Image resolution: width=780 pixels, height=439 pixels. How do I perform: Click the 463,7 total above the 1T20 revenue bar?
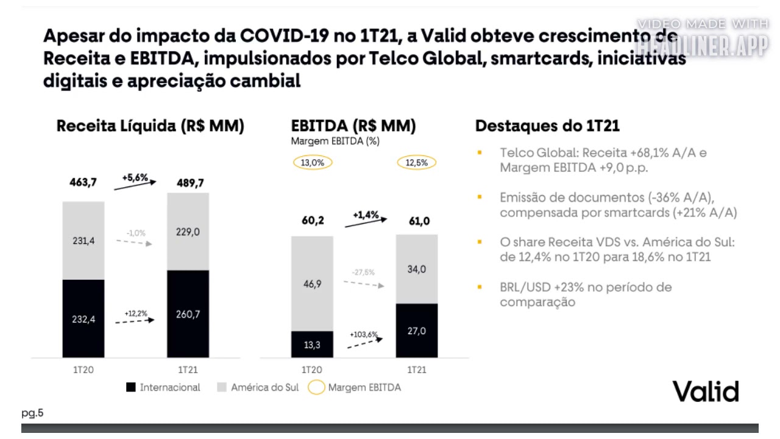click(83, 182)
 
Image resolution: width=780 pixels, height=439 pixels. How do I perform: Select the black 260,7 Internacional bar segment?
click(188, 314)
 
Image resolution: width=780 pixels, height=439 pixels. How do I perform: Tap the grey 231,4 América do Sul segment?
click(83, 241)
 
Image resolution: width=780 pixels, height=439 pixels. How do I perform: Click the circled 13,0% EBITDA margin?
click(313, 163)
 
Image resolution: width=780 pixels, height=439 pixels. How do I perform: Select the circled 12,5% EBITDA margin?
click(417, 163)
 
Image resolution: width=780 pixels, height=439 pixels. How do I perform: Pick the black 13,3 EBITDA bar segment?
click(312, 344)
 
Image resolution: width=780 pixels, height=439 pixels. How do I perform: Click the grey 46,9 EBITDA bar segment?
click(312, 284)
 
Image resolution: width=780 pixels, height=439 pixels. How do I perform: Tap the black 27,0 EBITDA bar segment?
click(417, 330)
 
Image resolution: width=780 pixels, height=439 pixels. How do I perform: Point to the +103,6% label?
click(363, 335)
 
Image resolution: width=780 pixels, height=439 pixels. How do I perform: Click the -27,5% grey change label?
click(363, 273)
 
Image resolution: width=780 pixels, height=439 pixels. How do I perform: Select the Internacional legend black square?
click(130, 387)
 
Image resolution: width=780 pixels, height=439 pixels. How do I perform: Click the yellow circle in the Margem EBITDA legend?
click(316, 387)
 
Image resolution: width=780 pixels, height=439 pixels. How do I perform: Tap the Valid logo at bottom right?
click(706, 391)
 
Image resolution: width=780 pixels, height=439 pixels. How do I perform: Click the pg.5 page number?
click(32, 413)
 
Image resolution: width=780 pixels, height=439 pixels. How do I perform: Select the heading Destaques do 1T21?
click(547, 126)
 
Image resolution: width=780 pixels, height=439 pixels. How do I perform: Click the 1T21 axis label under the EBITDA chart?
click(417, 370)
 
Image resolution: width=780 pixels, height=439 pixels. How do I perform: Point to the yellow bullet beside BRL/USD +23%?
click(480, 287)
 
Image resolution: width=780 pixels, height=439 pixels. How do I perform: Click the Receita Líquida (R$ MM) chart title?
click(150, 126)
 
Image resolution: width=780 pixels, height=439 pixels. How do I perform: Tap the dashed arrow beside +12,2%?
click(135, 321)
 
